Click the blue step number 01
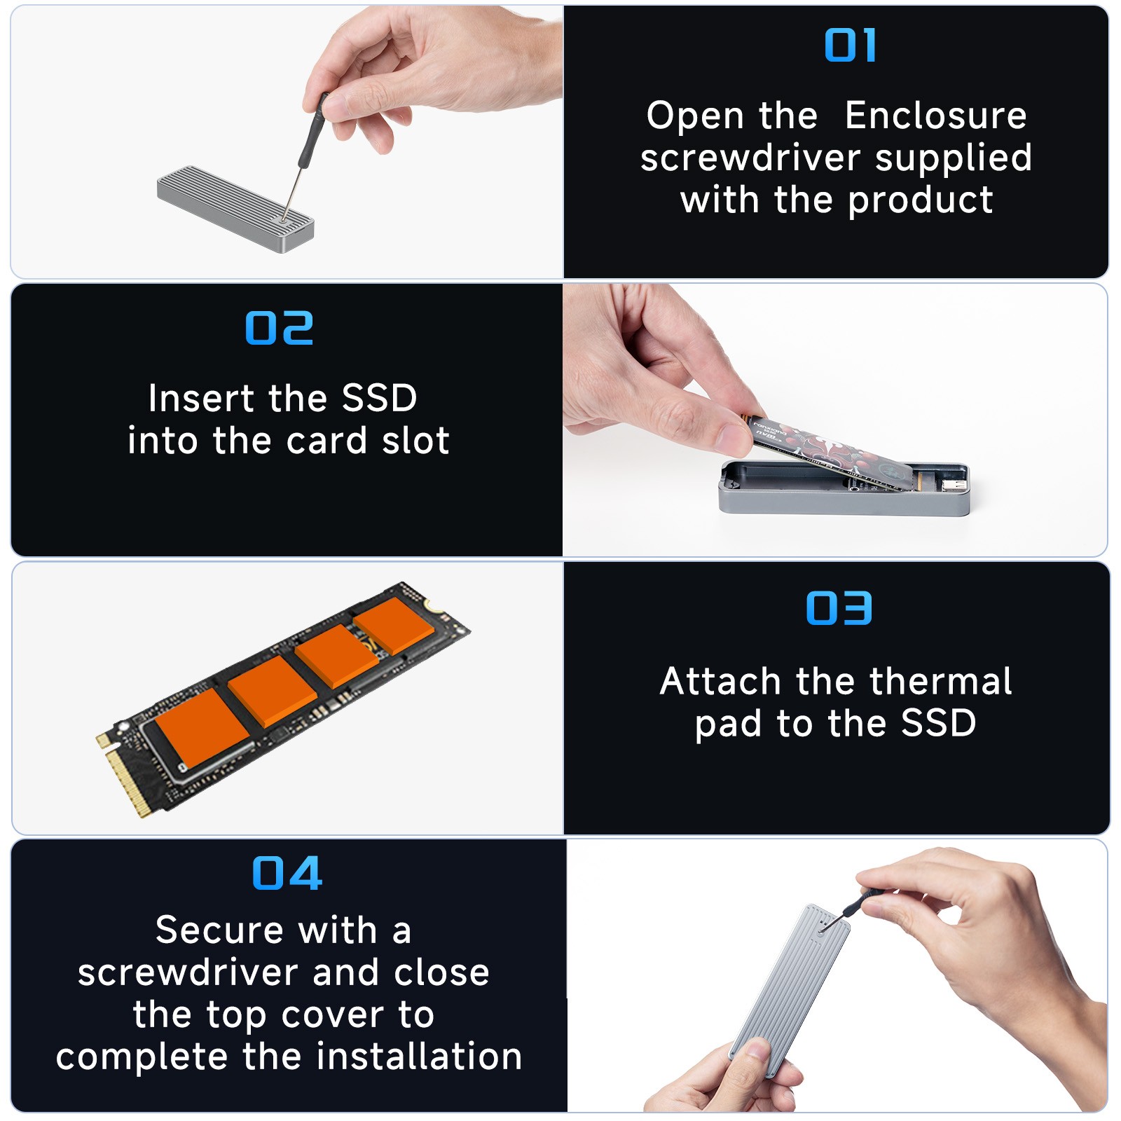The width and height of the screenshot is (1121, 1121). pyautogui.click(x=850, y=46)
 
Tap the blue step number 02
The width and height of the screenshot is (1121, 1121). pyautogui.click(x=279, y=329)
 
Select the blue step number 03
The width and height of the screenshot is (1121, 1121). pyautogui.click(x=839, y=607)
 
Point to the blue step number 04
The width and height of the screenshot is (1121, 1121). pyautogui.click(x=287, y=873)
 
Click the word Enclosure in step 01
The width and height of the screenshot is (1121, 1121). pyautogui.click(x=935, y=116)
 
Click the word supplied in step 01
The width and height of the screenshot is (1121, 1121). pyautogui.click(x=954, y=158)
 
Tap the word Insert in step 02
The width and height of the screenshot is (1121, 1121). pyautogui.click(x=200, y=398)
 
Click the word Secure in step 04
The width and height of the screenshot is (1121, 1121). pyautogui.click(x=219, y=930)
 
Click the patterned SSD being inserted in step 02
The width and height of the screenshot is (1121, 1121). pyautogui.click(x=834, y=448)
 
